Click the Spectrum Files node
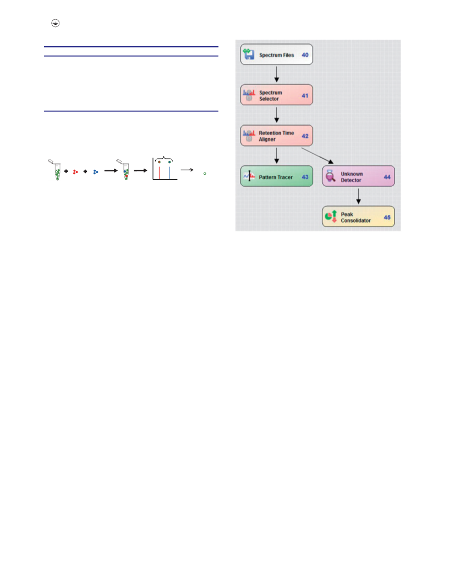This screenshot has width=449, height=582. tap(276, 55)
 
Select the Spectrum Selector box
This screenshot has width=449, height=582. tap(276, 95)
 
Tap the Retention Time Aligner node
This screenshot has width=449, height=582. tap(276, 136)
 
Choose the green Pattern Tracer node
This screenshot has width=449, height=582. tap(276, 176)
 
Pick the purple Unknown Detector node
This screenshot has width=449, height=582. tap(358, 176)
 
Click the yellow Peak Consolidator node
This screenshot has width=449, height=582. tap(358, 217)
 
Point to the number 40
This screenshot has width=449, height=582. tap(305, 55)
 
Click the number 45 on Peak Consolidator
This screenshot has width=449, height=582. tap(387, 218)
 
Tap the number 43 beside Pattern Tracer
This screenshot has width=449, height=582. tap(305, 177)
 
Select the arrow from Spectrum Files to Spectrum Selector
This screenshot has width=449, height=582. tap(276, 74)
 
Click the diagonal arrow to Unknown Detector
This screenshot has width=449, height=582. tap(317, 156)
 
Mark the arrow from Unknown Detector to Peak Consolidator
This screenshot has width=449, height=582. tap(358, 196)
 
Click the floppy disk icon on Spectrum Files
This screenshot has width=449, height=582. tap(249, 54)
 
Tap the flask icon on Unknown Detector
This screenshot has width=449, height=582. tap(331, 176)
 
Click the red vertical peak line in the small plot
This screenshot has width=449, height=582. tap(160, 173)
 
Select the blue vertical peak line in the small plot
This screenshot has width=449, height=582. tap(169, 173)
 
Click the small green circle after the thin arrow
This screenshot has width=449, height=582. tap(205, 174)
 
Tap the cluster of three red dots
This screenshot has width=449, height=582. tap(75, 172)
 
